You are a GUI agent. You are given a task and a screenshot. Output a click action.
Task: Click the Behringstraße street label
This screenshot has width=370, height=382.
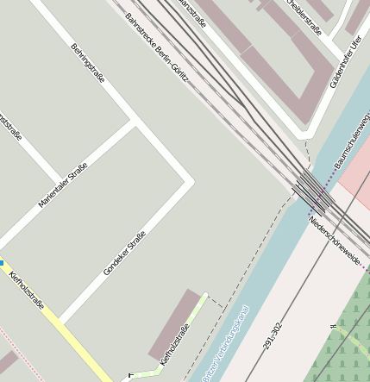pos(88,63)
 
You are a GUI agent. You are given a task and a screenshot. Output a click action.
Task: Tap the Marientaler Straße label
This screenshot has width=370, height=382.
pos(63,185)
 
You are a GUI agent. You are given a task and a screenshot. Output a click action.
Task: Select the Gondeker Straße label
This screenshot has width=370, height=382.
pos(125,253)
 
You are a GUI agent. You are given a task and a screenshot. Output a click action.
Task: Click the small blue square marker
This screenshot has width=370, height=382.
pos(2,263)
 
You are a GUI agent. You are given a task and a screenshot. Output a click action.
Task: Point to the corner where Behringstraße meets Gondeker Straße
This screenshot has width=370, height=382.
pos(191,182)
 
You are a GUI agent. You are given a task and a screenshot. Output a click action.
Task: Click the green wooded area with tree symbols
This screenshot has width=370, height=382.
pos(345,341)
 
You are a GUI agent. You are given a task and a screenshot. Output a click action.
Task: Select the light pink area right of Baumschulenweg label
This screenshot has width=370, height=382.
pos(356,177)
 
